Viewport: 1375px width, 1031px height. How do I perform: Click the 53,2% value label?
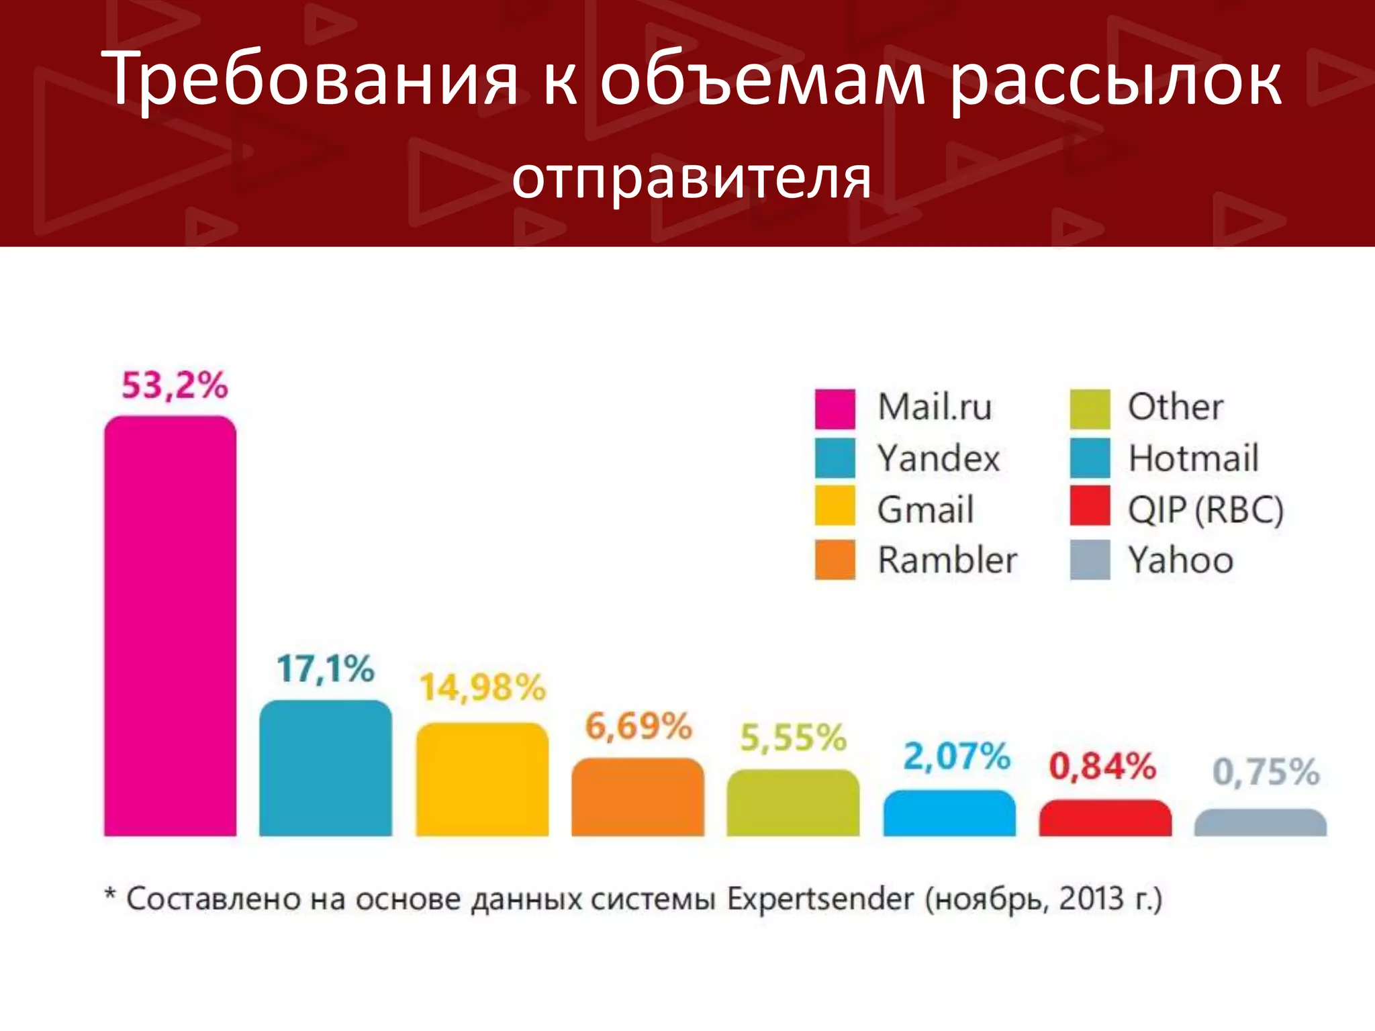click(175, 385)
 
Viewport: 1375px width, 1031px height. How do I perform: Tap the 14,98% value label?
click(483, 687)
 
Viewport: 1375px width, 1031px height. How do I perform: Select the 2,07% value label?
click(957, 756)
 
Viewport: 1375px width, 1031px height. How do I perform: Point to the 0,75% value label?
click(1266, 772)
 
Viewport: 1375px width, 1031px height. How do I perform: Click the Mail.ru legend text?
click(935, 407)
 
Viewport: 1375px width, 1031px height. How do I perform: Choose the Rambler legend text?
click(947, 560)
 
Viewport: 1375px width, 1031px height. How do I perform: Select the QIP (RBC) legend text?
click(1206, 510)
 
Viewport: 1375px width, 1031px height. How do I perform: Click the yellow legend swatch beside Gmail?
click(835, 505)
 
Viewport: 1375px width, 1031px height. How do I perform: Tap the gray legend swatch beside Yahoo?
click(1090, 559)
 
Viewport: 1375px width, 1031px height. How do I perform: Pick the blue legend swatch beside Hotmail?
click(1090, 458)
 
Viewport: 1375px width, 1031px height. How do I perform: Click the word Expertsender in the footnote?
click(820, 899)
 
